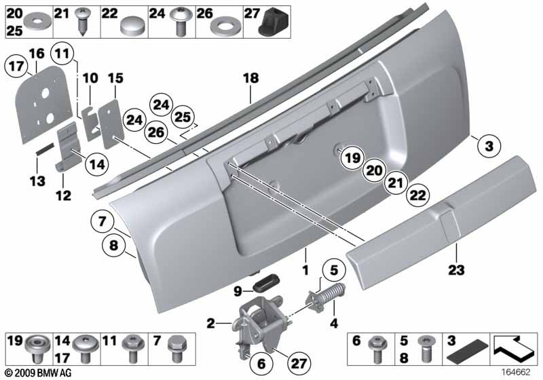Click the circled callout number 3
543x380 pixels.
489,146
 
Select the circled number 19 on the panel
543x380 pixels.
352,158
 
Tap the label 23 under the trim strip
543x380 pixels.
456,269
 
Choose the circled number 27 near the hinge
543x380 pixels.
299,364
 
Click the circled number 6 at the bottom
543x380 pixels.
261,364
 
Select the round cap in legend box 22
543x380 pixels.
130,27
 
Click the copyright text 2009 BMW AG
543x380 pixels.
39,373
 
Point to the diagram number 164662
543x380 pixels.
516,373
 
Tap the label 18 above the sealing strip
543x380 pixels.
250,78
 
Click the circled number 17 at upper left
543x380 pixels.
16,66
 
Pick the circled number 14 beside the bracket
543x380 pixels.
97,164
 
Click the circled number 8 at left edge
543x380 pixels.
113,246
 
